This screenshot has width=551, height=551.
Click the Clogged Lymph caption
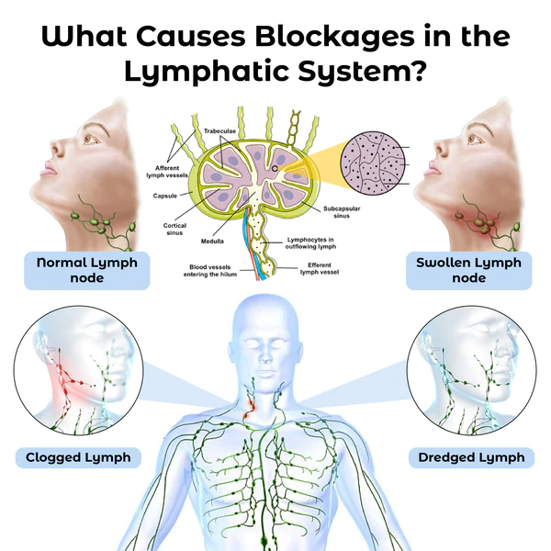(x=78, y=456)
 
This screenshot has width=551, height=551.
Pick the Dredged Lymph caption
(x=471, y=456)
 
